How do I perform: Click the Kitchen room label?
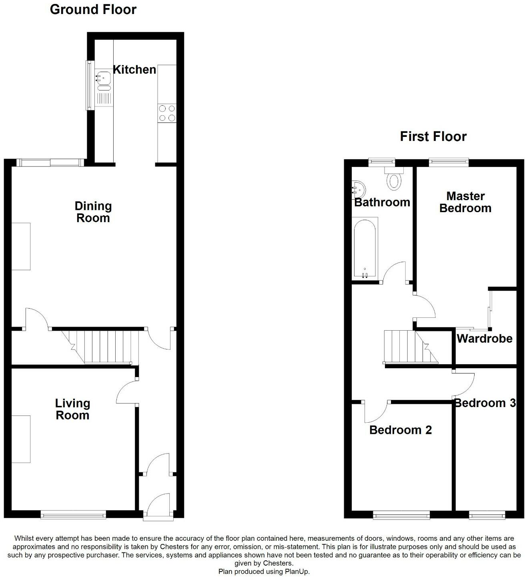[x=134, y=70]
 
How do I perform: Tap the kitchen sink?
[x=103, y=76]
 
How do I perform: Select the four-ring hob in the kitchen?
[x=167, y=112]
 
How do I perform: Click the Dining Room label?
[x=93, y=212]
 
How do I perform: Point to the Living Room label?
[x=72, y=409]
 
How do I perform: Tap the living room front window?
[x=73, y=515]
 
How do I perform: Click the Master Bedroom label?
[x=465, y=202]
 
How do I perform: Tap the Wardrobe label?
[x=485, y=339]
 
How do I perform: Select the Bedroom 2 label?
[x=401, y=430]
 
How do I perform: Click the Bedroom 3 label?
[x=485, y=403]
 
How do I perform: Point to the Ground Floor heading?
[x=93, y=10]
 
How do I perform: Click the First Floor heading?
[x=433, y=136]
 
